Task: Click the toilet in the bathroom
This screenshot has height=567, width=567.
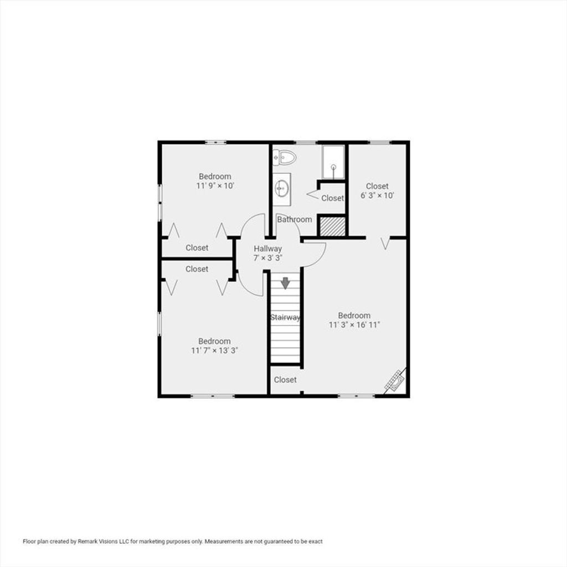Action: click(285, 158)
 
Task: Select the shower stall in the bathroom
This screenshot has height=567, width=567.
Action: click(333, 162)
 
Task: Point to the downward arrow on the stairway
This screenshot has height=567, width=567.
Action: click(286, 283)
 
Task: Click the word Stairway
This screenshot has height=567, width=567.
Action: click(285, 317)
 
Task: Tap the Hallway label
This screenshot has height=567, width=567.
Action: click(267, 249)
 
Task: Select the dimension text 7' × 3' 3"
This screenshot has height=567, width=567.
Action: click(267, 258)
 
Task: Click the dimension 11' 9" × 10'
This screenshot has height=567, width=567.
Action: click(215, 186)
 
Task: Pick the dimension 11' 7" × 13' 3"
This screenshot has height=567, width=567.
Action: click(214, 350)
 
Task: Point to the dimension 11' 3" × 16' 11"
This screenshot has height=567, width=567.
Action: click(354, 324)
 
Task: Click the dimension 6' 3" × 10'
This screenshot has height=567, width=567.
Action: click(377, 195)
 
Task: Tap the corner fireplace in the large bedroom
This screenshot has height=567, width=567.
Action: click(395, 380)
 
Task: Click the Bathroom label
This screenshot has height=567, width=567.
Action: click(295, 219)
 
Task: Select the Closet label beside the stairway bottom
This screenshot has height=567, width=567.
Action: click(285, 380)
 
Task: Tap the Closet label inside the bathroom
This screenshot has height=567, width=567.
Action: click(333, 198)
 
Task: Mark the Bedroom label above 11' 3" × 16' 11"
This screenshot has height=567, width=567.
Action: click(354, 315)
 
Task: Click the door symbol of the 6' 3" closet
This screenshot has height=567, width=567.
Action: click(386, 243)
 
